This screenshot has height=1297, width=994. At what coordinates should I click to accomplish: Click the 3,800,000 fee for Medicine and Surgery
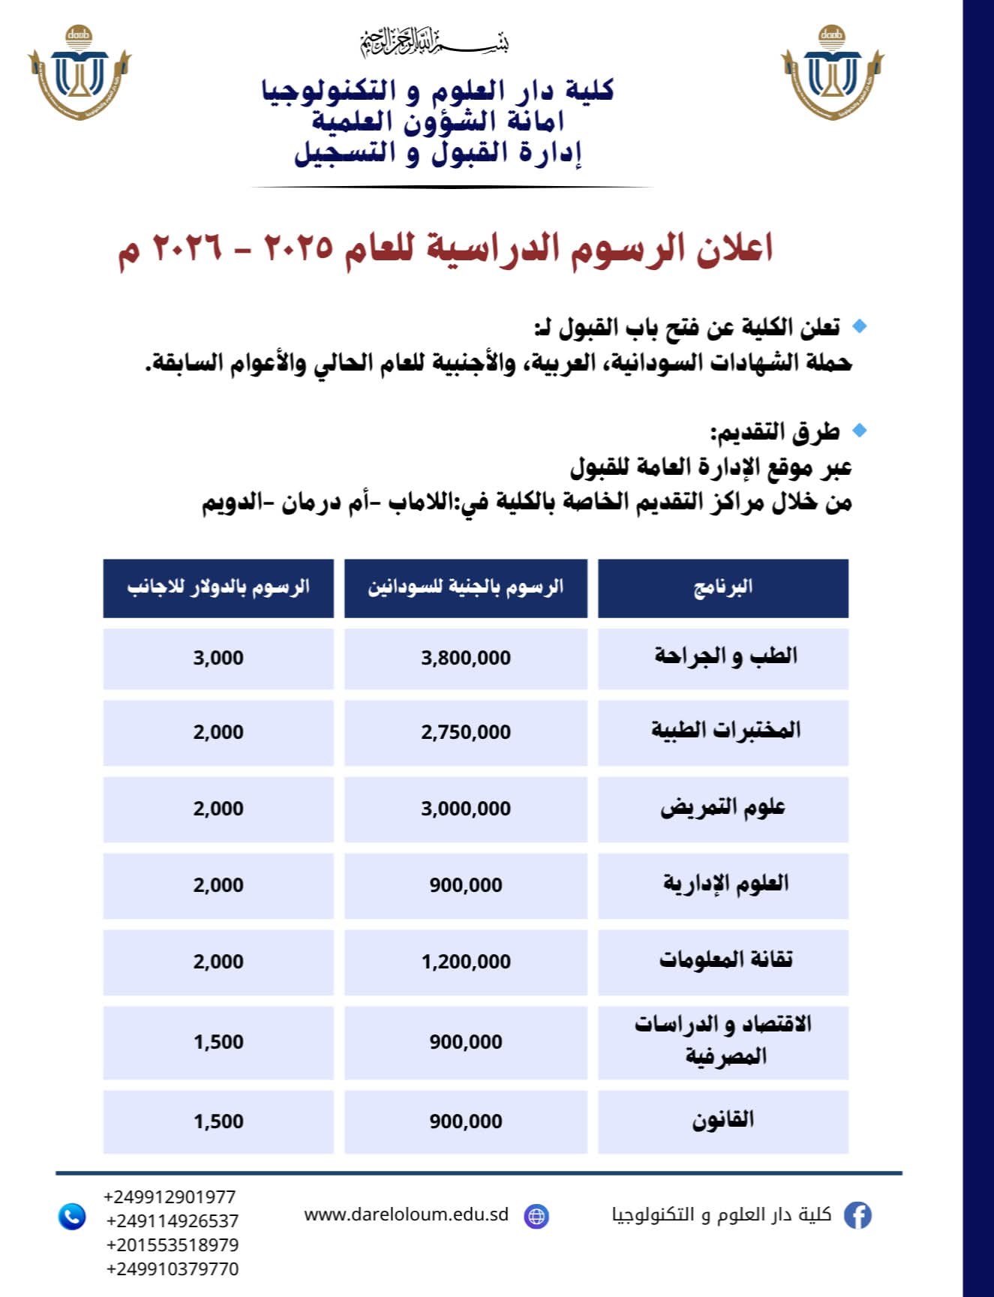tap(465, 658)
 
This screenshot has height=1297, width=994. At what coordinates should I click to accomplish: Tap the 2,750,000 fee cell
tap(465, 732)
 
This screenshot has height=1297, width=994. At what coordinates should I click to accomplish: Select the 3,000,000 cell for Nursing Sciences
tap(465, 809)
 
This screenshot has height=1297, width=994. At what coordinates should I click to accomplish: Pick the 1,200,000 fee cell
tap(465, 962)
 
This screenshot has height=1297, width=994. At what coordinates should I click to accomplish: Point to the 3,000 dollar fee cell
tap(218, 658)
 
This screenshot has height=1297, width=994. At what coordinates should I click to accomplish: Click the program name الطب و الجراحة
tap(725, 656)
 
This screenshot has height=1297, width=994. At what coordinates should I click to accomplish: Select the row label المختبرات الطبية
tap(725, 731)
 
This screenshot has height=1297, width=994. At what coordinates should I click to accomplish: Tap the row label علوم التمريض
tap(722, 808)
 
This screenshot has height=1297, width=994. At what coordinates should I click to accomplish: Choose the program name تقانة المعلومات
tap(725, 960)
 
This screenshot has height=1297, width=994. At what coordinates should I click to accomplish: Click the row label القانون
tap(722, 1121)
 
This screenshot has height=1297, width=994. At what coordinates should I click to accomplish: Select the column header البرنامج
tap(722, 587)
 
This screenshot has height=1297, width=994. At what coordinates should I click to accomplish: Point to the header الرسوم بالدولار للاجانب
tap(218, 587)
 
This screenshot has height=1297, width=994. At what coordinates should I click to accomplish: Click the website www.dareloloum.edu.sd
tap(406, 1214)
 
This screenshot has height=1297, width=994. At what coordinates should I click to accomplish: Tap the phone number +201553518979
tap(173, 1245)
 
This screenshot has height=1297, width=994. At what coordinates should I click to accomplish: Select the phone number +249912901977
tap(170, 1197)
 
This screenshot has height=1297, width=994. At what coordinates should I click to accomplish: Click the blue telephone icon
tap(72, 1216)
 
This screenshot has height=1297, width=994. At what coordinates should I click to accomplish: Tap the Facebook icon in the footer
tap(857, 1215)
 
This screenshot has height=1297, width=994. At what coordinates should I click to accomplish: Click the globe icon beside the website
tap(536, 1216)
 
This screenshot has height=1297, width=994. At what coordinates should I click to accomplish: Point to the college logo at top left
tap(80, 73)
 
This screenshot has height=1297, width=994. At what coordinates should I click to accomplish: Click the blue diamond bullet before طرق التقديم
tap(860, 431)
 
